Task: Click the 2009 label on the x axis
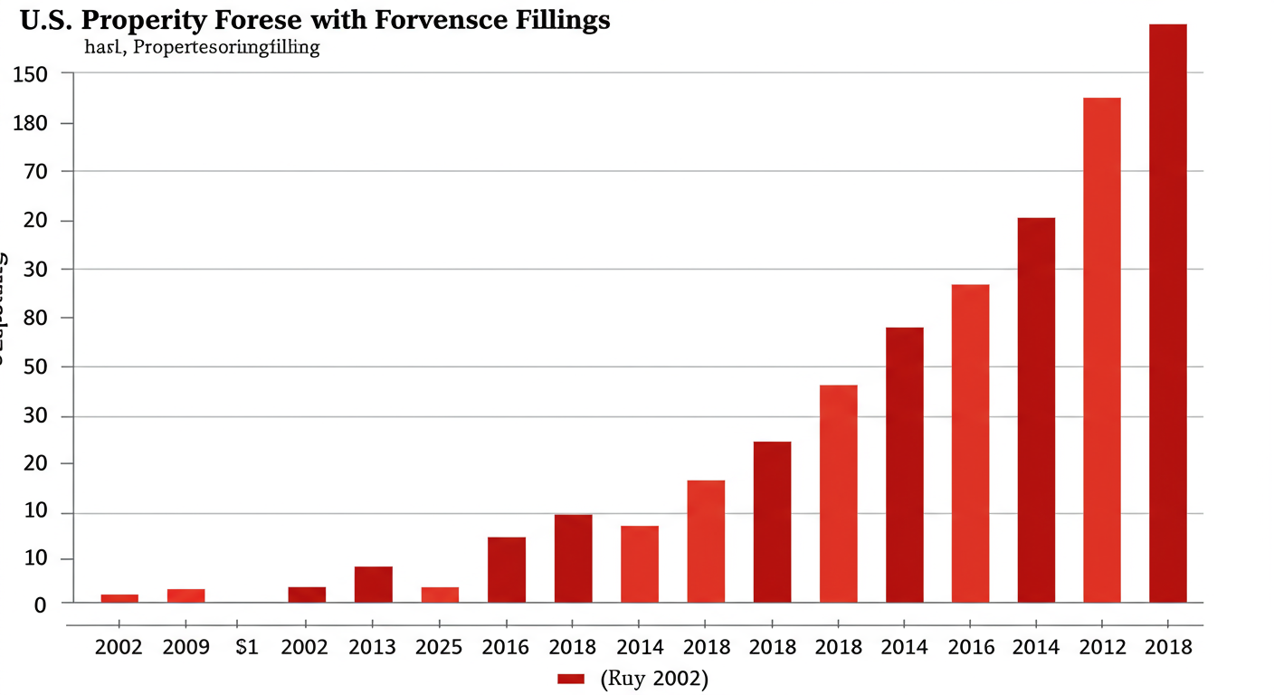click(185, 647)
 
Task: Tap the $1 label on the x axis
click(246, 647)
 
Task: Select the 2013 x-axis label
click(373, 647)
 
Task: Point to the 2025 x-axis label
click(439, 647)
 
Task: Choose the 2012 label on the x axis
click(1101, 647)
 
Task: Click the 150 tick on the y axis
click(30, 74)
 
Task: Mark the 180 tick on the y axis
click(30, 123)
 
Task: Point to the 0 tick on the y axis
click(40, 605)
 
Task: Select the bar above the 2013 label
click(373, 585)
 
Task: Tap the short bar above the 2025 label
click(439, 595)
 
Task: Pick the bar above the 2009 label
click(185, 595)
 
